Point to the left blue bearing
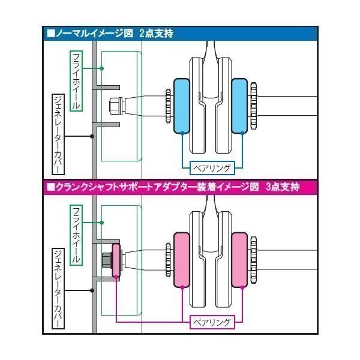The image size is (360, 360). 182,106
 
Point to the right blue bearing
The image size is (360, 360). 240,106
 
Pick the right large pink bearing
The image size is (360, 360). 240,259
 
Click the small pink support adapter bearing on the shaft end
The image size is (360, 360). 116,259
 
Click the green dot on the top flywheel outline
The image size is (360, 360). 101,69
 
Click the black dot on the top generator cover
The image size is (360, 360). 92,136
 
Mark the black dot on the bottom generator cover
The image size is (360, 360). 92,290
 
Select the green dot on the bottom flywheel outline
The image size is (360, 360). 101,223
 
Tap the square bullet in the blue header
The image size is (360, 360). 50,34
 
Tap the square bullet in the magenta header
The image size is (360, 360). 50,187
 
